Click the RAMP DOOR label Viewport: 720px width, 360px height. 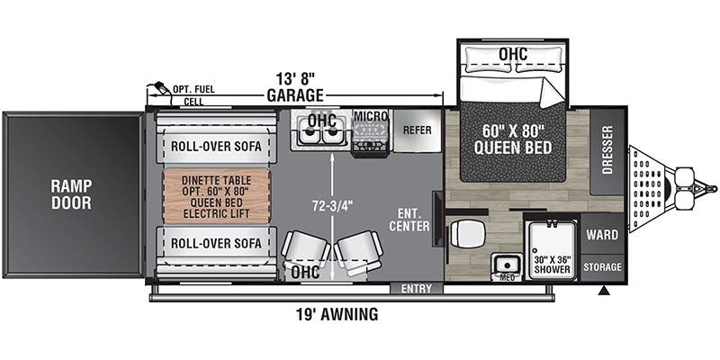point(71,194)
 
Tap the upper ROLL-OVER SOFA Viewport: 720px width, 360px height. point(215,146)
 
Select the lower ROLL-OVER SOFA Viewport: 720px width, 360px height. point(215,243)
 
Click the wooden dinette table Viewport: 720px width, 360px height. point(216,194)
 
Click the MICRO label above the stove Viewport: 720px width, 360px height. point(370,116)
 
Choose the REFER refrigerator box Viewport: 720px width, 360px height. point(418,129)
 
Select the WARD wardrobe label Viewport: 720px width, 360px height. point(601,236)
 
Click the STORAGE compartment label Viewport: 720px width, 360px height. point(601,266)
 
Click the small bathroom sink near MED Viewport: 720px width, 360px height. point(506,264)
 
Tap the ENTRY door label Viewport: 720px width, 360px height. point(417,289)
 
